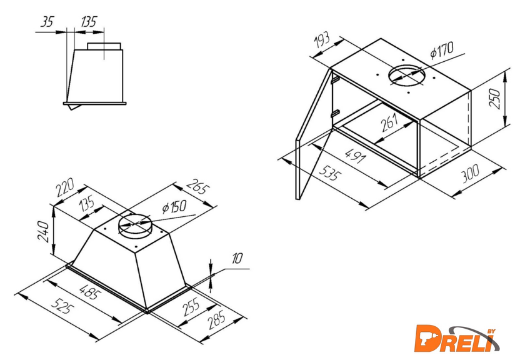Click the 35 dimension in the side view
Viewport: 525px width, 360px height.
click(x=47, y=22)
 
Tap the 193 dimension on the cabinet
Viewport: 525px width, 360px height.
click(x=322, y=41)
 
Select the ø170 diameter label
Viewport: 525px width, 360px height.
click(x=442, y=50)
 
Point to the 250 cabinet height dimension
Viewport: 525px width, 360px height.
click(x=495, y=99)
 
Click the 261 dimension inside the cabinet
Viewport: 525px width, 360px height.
click(x=390, y=123)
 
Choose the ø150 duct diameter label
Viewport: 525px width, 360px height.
click(x=174, y=207)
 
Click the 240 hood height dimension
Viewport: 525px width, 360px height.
click(x=44, y=231)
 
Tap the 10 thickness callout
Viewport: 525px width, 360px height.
click(x=237, y=259)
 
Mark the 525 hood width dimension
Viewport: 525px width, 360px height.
click(x=62, y=306)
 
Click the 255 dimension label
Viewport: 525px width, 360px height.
click(x=191, y=307)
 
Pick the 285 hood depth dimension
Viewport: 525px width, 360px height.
click(x=216, y=320)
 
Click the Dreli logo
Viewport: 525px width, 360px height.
click(x=457, y=339)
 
